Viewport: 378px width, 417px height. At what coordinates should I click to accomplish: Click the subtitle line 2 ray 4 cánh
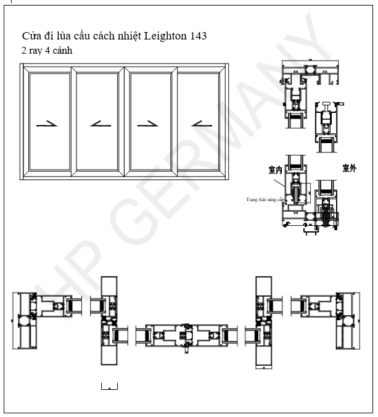(x=47, y=51)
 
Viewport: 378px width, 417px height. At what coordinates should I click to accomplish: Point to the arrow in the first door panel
(x=47, y=124)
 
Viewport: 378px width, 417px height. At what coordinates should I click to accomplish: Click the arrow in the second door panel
(x=99, y=124)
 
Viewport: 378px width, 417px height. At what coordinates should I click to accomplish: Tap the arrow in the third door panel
(x=148, y=124)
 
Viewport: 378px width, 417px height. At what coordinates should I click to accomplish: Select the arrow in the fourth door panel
(x=200, y=124)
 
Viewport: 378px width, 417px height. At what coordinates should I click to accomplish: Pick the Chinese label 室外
(x=349, y=168)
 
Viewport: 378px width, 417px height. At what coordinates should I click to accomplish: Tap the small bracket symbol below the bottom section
(x=109, y=387)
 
